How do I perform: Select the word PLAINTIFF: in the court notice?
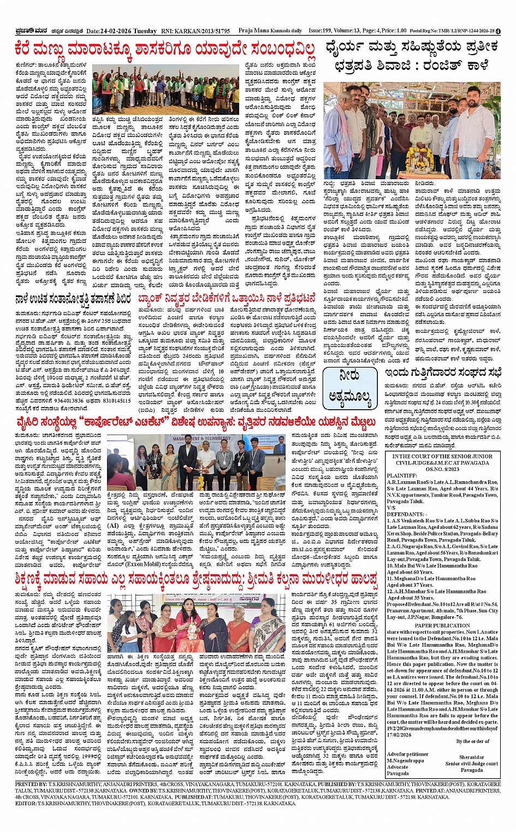coord(402,476)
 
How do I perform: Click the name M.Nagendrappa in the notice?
coord(405,760)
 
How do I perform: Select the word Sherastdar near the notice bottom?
coord(471,758)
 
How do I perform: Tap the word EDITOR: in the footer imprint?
coord(27,804)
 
